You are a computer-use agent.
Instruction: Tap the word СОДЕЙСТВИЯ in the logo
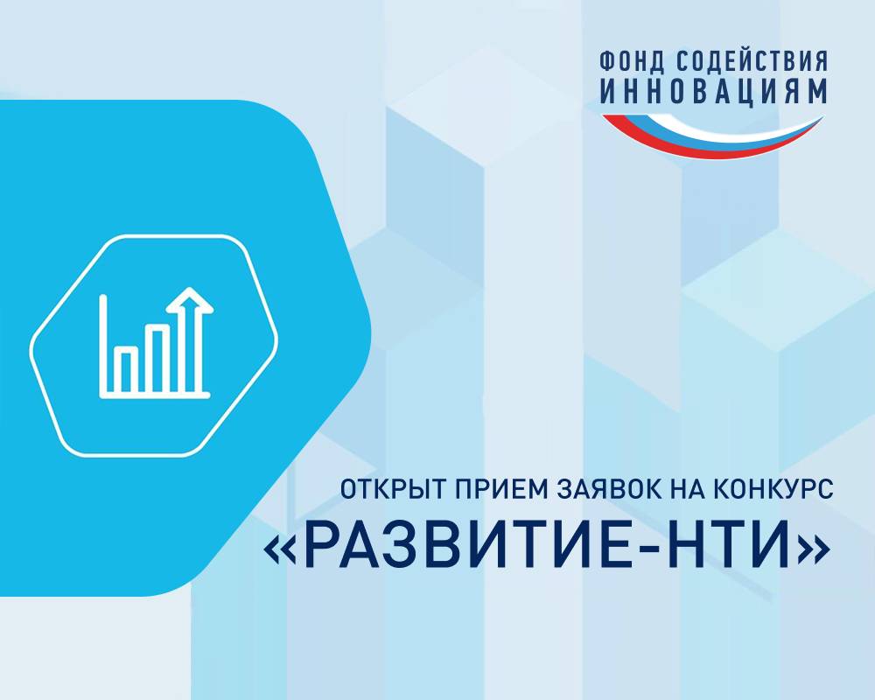[752, 60]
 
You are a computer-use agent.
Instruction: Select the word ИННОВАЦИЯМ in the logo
[713, 92]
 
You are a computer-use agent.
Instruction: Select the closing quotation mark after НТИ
[814, 549]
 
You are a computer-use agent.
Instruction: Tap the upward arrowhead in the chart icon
[190, 301]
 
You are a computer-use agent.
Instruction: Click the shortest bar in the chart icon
[126, 369]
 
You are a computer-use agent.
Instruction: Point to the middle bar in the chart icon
[157, 358]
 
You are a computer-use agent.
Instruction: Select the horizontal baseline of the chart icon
[155, 395]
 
